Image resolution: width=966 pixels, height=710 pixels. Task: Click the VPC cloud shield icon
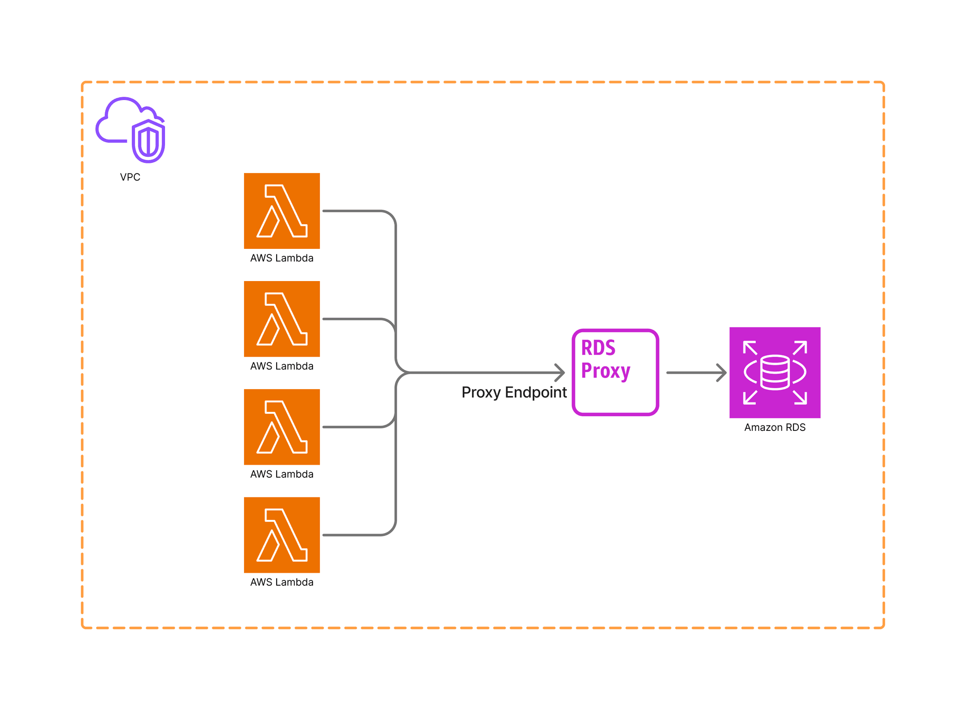[130, 130]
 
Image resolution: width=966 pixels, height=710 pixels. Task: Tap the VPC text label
[130, 177]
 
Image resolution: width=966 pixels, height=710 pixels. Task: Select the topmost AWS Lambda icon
[282, 211]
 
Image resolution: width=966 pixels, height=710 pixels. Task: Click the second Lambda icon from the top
[282, 319]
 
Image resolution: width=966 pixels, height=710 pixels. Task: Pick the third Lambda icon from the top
[282, 427]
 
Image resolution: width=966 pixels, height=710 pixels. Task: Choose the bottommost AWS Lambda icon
[282, 535]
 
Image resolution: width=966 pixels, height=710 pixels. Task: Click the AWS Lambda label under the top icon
[282, 258]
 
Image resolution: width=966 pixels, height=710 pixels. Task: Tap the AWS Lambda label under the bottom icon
[282, 582]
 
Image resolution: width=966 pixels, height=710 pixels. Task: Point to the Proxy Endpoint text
[514, 392]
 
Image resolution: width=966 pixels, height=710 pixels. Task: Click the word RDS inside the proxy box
[598, 348]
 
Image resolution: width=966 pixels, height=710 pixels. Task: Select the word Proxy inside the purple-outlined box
[605, 371]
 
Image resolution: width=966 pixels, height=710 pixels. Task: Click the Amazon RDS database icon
[775, 372]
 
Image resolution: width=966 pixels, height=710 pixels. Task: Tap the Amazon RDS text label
[775, 427]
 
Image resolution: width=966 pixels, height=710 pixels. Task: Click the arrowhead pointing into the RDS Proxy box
[560, 373]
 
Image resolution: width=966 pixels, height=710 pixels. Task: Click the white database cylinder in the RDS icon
[775, 373]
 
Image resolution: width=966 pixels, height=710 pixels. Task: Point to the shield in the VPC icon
[148, 141]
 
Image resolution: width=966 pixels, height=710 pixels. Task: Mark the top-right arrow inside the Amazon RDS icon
[800, 347]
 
